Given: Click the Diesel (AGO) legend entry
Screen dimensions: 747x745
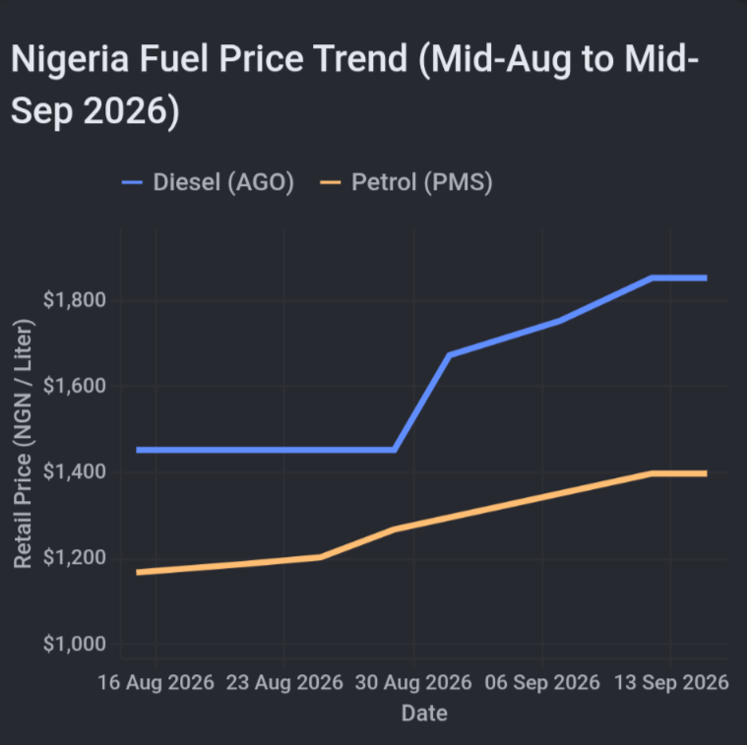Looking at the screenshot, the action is [209, 182].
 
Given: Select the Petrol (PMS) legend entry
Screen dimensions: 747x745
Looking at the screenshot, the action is [406, 182].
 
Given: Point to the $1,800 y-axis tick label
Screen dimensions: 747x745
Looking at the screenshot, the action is [75, 300].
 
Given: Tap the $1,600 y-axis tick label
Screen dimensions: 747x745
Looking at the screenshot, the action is [75, 386].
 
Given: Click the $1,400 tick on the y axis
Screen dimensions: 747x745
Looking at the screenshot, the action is [75, 471].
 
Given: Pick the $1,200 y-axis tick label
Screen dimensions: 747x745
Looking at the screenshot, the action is [75, 558].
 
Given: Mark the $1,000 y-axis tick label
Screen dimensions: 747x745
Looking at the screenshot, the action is [75, 644].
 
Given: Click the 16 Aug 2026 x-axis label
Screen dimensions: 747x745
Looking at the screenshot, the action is [156, 682].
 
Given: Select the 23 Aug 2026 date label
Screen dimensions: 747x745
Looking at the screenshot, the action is [284, 682].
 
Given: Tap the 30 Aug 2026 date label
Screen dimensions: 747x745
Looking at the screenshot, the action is [413, 682].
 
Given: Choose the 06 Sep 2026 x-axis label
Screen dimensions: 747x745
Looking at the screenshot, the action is [542, 682].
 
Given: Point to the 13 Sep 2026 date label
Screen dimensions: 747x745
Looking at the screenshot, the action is [671, 682].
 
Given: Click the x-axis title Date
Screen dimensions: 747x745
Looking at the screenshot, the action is [424, 714].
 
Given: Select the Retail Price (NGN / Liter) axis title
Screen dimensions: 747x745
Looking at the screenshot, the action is [23, 444].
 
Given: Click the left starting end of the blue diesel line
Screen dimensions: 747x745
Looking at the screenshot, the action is [137, 450].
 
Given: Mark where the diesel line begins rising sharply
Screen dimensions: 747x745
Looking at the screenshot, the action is [395, 450].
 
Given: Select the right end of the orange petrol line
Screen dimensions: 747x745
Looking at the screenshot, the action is [707, 473].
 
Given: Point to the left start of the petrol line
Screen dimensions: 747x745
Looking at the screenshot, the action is [137, 573].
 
